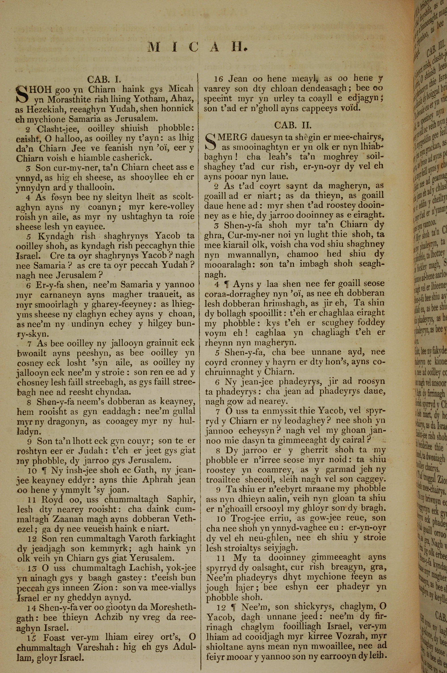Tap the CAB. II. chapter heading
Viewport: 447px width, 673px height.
293,125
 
